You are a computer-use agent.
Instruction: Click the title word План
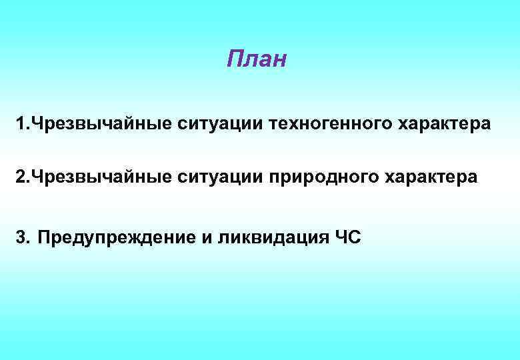click(256, 60)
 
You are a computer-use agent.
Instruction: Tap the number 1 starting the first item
click(21, 123)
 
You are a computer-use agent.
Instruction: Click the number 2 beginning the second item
click(21, 178)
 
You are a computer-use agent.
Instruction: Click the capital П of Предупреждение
click(43, 238)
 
